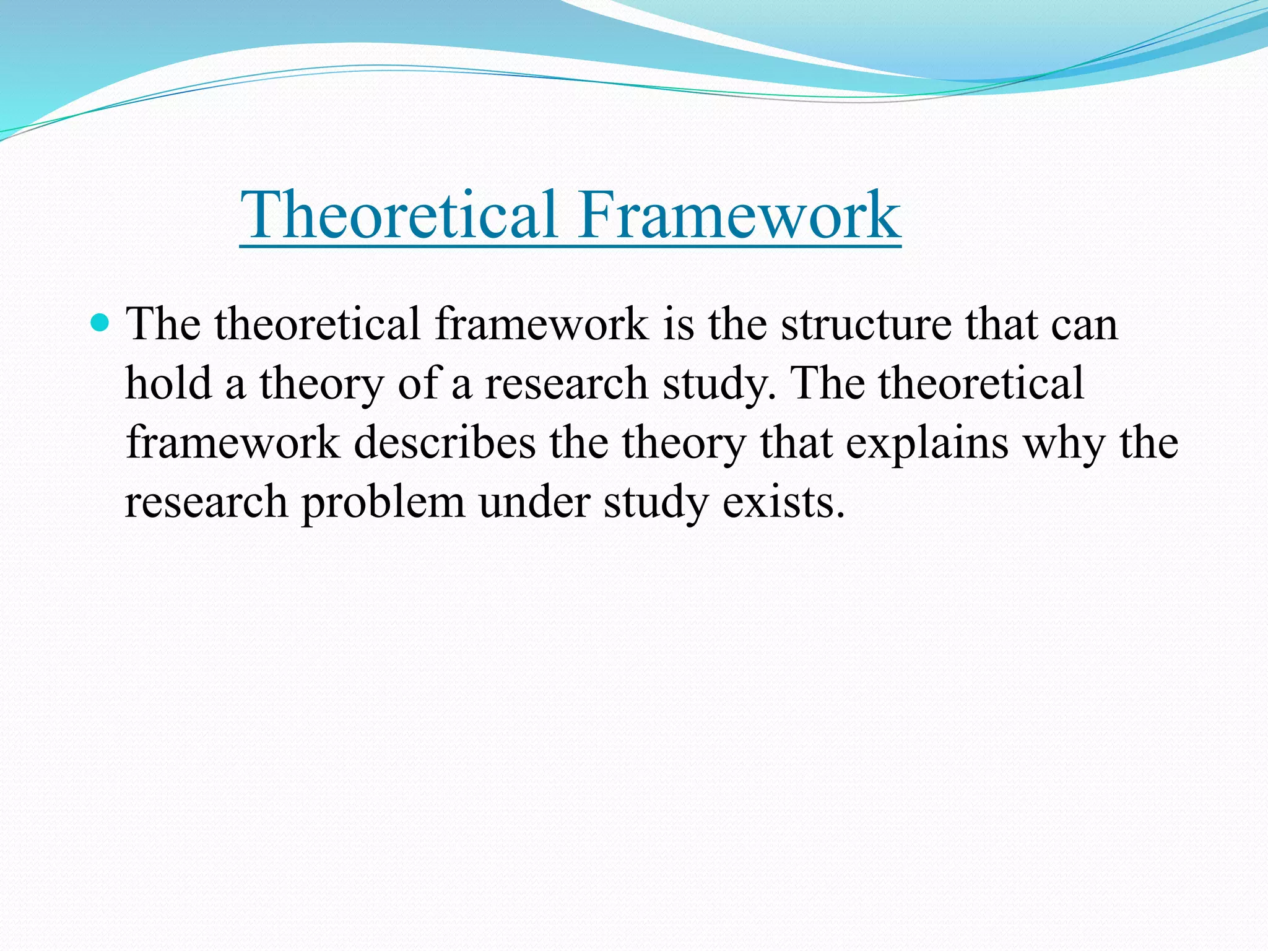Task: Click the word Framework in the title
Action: pos(739,215)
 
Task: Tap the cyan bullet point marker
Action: pos(99,323)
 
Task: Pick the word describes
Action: pos(445,443)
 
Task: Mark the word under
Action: pos(534,502)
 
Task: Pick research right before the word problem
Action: pos(206,502)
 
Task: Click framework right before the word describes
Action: pos(233,443)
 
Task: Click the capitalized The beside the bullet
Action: pos(163,324)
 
